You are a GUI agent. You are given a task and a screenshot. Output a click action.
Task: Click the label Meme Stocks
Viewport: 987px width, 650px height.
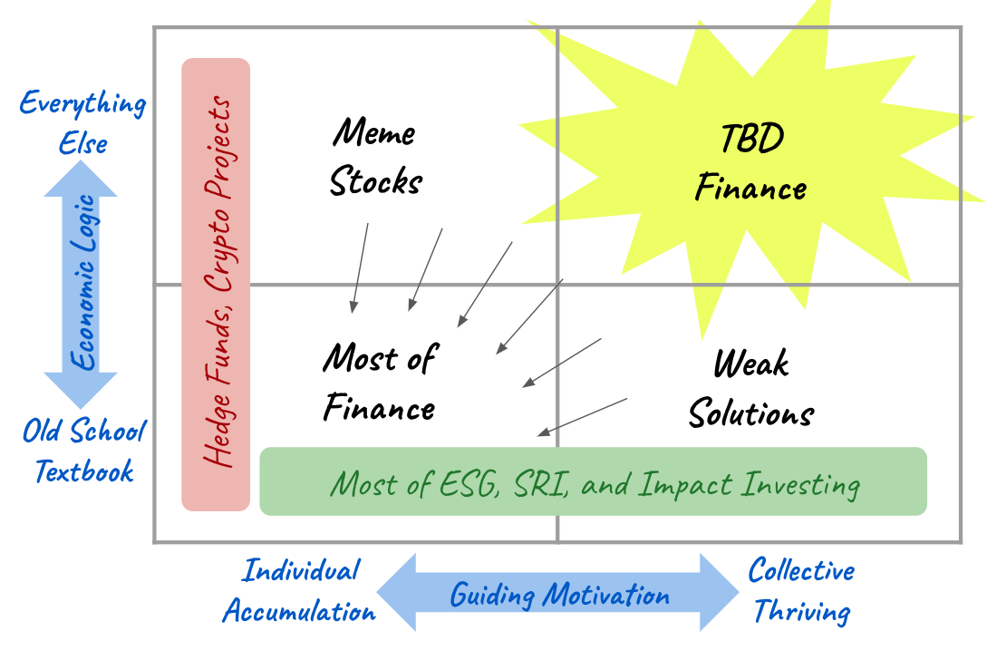click(x=375, y=157)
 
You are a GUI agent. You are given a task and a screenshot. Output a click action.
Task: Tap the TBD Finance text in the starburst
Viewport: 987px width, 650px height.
click(x=750, y=164)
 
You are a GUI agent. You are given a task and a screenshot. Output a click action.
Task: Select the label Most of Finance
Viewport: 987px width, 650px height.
click(x=379, y=383)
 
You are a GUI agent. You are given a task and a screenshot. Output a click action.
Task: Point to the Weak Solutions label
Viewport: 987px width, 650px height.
click(x=750, y=389)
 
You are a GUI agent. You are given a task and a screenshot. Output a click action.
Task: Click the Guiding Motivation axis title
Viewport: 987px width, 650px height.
click(x=559, y=596)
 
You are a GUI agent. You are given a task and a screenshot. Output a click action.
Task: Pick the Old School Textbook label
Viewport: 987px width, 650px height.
click(x=83, y=450)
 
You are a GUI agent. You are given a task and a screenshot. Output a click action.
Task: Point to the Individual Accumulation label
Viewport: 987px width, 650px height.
click(x=299, y=590)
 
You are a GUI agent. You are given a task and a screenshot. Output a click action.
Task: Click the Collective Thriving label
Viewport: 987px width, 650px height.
click(x=801, y=590)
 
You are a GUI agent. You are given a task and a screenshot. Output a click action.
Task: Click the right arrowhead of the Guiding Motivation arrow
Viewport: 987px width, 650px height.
click(x=720, y=593)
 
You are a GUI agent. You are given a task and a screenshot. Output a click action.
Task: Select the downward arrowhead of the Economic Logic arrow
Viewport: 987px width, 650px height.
click(x=82, y=390)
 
